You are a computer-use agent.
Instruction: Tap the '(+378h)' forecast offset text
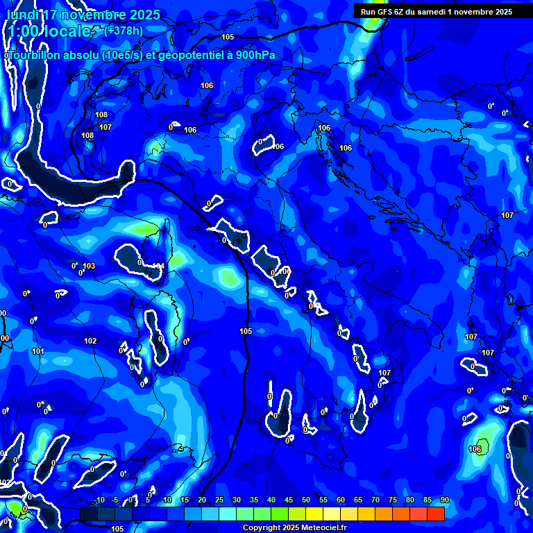point(123,31)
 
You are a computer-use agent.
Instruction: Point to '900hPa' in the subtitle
point(253,55)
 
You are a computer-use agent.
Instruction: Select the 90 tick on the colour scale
point(444,500)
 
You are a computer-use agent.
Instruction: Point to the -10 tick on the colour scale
point(99,500)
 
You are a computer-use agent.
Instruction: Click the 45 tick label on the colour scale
point(289,500)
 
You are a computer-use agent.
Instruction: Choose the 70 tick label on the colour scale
point(375,500)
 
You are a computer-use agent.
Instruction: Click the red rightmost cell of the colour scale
point(435,514)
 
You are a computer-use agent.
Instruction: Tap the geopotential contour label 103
point(89,266)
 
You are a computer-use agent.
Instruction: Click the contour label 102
point(90,341)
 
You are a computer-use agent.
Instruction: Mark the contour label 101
point(38,352)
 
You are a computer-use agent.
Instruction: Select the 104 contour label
point(158,266)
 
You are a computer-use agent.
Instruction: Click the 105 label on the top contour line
point(228,37)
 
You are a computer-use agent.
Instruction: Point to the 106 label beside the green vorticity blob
point(475,449)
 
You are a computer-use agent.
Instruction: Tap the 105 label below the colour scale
point(117,529)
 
